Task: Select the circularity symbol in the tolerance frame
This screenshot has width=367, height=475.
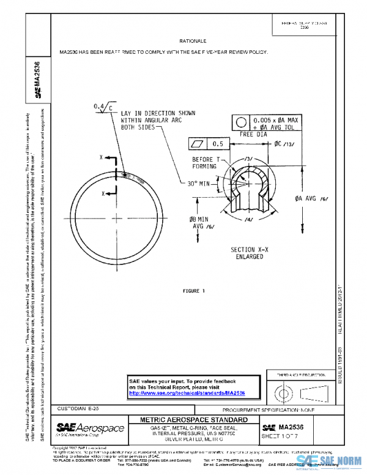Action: click(241, 121)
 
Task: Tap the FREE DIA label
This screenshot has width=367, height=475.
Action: click(254, 133)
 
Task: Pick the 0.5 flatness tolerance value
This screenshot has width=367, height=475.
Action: click(217, 144)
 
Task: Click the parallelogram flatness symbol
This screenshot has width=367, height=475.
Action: click(198, 144)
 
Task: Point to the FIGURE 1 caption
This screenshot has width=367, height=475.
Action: click(193, 290)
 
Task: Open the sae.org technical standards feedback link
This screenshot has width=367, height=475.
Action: click(187, 393)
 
